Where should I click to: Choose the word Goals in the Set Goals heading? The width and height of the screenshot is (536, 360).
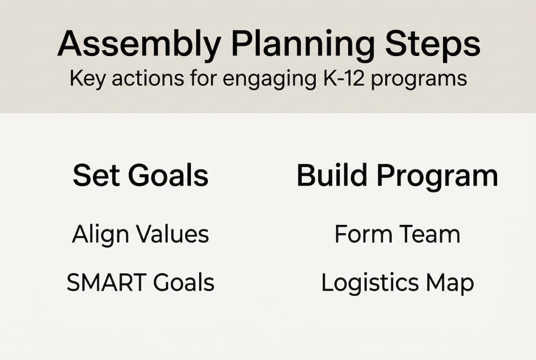tap(168, 175)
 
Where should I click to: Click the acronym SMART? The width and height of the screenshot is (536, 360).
tap(106, 282)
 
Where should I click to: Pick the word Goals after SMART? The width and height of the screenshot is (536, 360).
tap(183, 282)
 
